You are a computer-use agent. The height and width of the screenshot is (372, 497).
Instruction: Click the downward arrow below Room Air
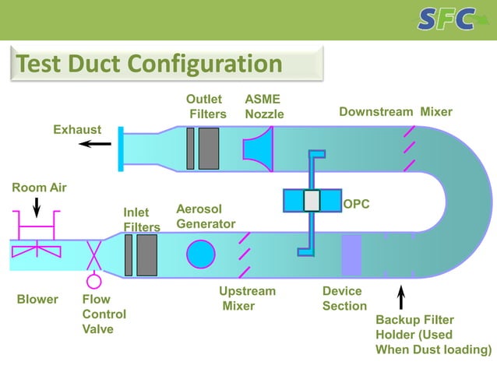36,207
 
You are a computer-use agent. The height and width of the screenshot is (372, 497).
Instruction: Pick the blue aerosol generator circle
200,254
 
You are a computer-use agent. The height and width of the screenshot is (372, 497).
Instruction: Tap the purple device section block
351,254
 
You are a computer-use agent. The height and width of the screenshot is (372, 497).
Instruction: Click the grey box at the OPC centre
312,201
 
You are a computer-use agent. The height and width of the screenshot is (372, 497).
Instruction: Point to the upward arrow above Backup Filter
401,299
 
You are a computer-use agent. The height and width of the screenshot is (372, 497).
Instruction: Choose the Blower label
37,299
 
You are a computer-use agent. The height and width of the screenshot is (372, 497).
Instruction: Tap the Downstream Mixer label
395,112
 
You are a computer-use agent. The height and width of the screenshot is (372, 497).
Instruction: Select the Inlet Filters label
141,219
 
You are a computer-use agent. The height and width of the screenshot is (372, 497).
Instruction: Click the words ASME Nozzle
264,107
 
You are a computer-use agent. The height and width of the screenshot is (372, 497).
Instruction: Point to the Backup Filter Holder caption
433,335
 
